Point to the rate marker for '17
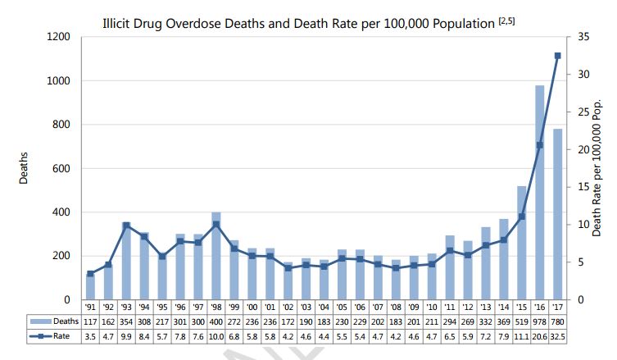[x=558, y=56]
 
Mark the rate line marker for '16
[x=539, y=145]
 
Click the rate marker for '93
[x=126, y=226]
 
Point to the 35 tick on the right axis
[x=583, y=37]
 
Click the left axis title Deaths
[x=25, y=168]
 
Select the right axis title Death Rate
[x=608, y=168]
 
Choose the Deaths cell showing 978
[x=539, y=322]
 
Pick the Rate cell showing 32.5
[x=558, y=336]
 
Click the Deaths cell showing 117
[x=91, y=322]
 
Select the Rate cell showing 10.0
[x=215, y=336]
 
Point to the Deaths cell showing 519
[x=520, y=322]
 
